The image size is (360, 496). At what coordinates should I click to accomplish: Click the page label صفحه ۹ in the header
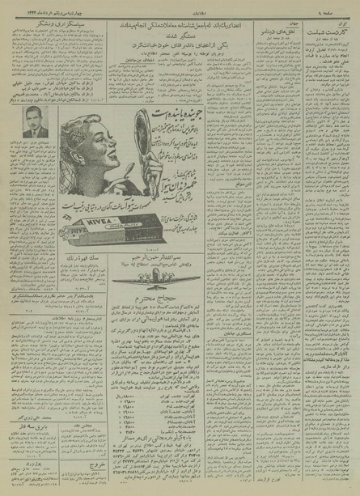tap(338, 10)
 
